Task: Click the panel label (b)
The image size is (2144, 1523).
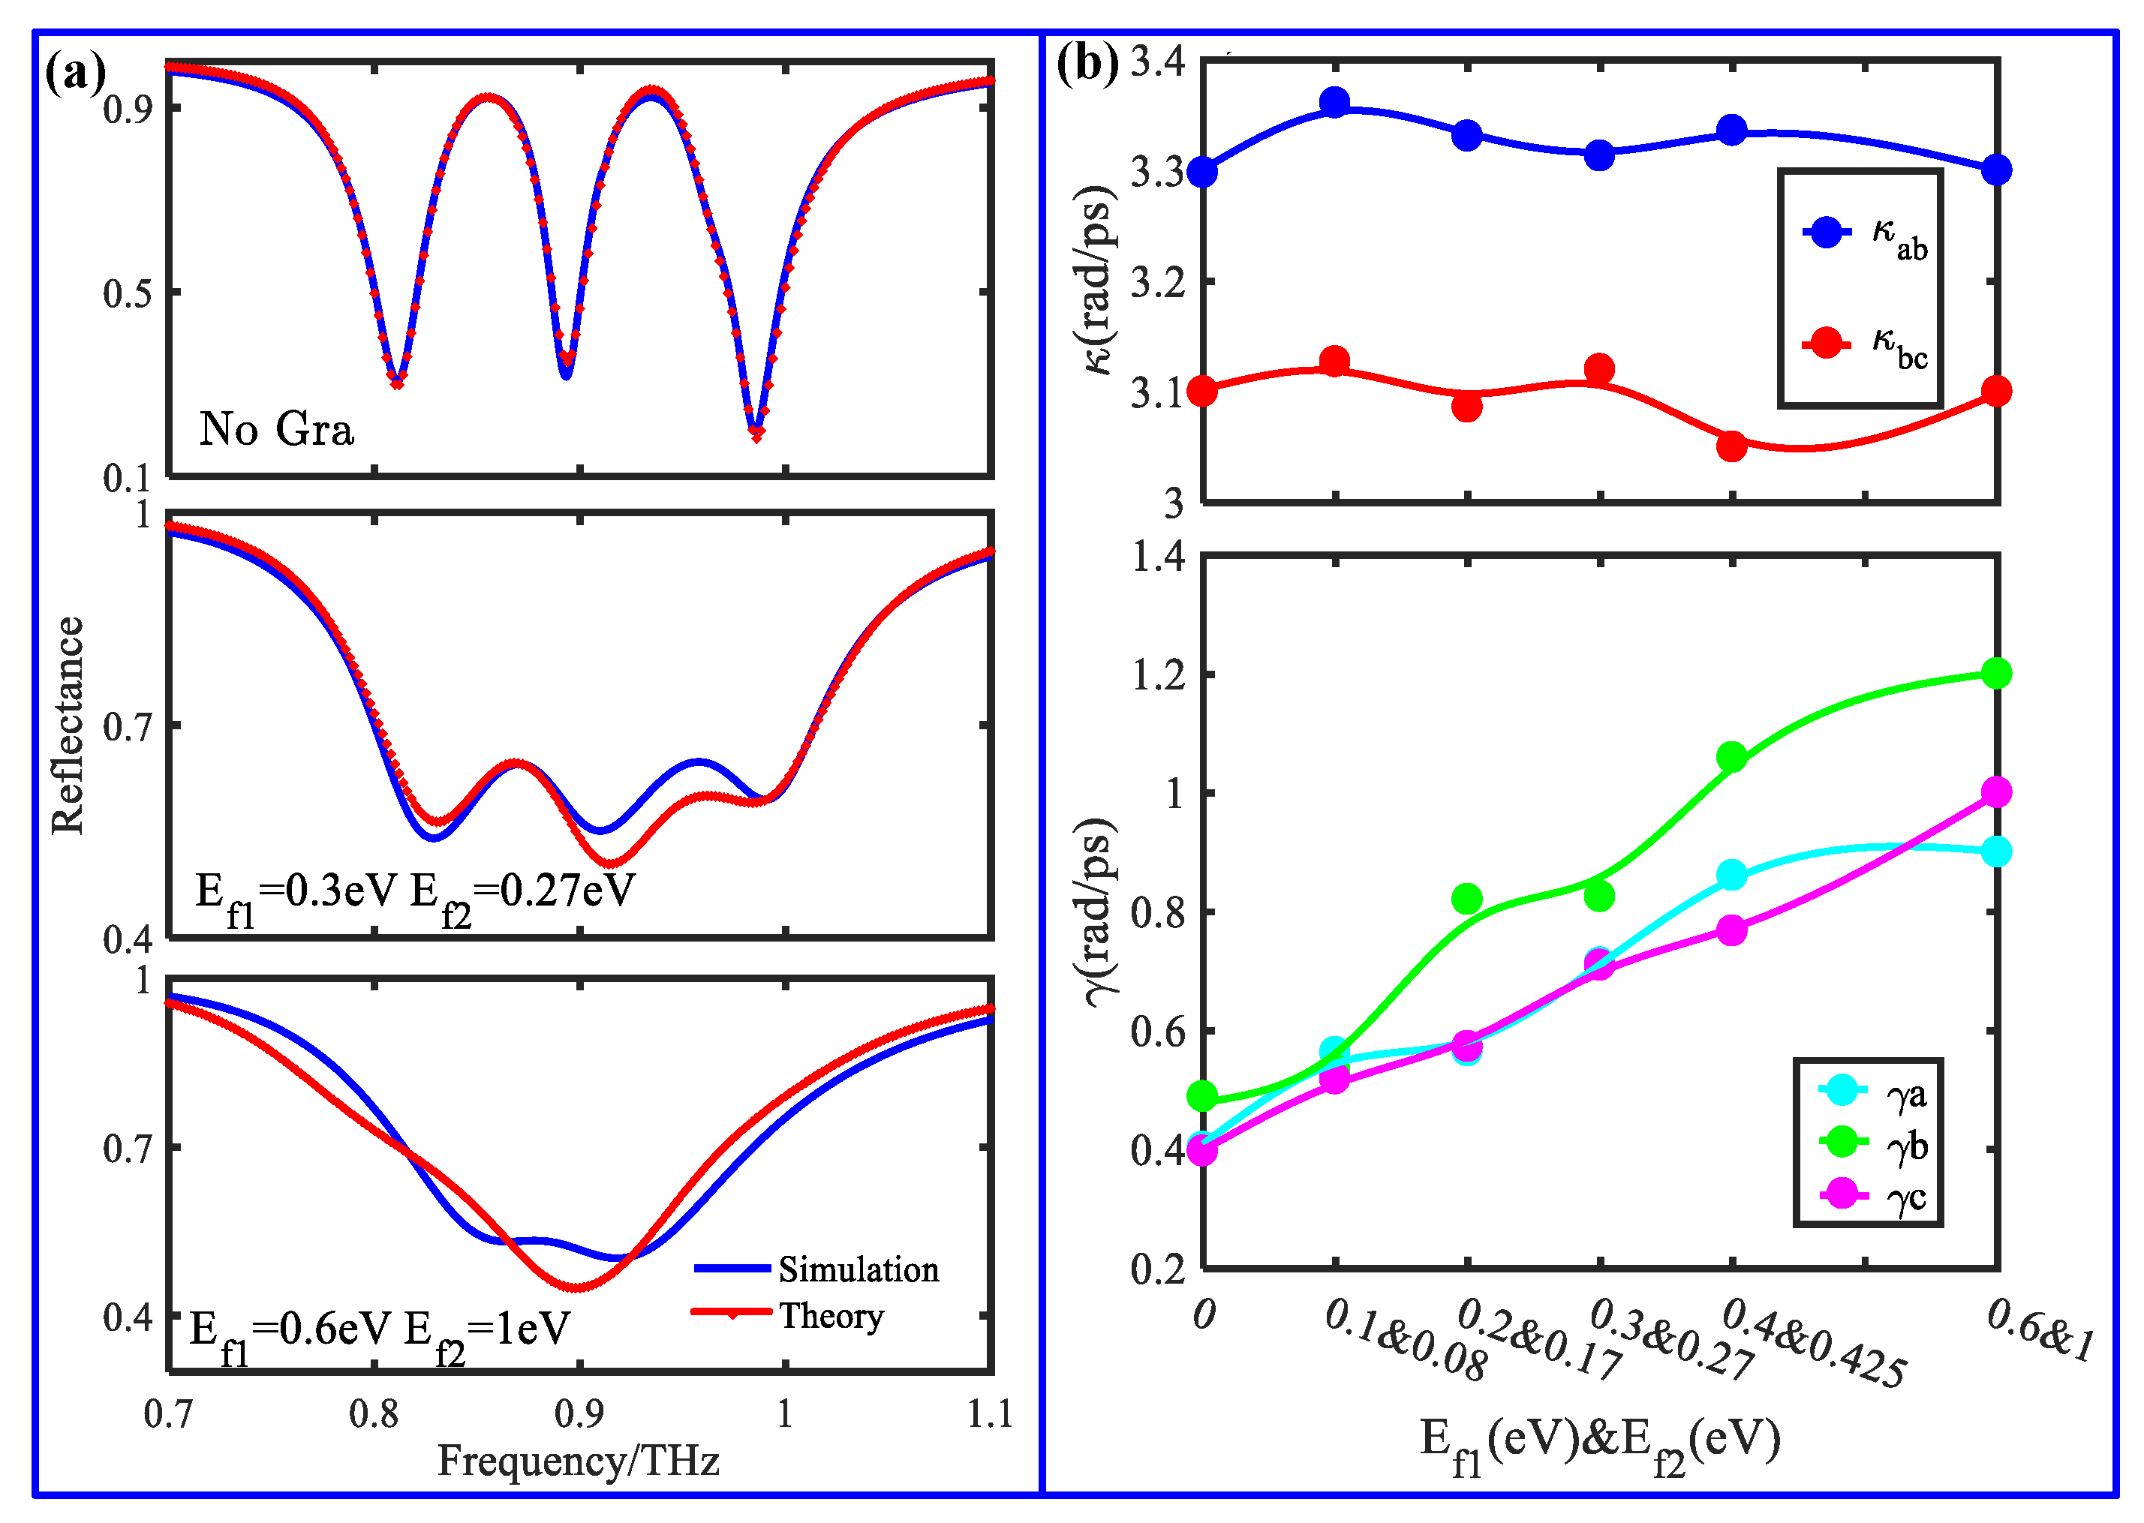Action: (x=1087, y=64)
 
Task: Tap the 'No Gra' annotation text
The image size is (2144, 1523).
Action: (x=277, y=428)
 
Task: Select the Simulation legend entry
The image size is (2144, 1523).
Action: (x=857, y=1269)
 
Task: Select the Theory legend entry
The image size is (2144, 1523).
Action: (x=831, y=1316)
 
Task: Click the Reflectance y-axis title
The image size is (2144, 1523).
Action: (x=68, y=725)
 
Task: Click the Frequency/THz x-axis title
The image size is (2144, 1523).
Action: (x=578, y=1460)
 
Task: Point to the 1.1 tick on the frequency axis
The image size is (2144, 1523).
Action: (x=990, y=1413)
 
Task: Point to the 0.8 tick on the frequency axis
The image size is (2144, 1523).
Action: (x=373, y=1413)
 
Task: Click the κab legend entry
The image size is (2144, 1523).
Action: (x=1899, y=233)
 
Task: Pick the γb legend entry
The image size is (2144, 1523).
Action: (x=1907, y=1144)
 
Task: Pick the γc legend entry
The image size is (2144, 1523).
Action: (x=1907, y=1196)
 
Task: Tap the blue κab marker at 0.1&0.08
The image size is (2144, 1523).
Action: (x=1334, y=101)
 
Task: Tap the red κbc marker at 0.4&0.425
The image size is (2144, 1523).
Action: (x=1731, y=446)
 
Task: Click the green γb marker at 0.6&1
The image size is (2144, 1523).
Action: (x=1997, y=674)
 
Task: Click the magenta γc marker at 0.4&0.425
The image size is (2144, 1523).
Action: (x=1731, y=930)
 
